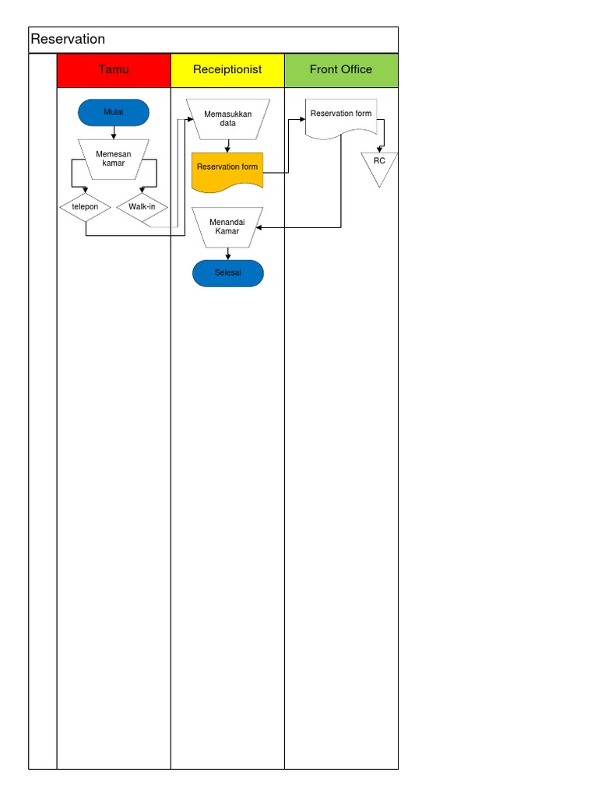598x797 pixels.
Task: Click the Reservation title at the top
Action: click(68, 40)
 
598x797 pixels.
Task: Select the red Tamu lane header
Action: click(114, 70)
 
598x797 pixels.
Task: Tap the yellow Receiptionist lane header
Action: click(227, 70)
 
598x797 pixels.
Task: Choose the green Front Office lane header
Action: click(341, 70)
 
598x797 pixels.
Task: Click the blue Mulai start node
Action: click(114, 113)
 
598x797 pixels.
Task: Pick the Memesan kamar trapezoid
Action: click(114, 158)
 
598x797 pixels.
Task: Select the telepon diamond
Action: click(86, 207)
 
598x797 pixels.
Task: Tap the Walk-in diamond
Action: click(142, 207)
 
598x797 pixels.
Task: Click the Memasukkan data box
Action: click(227, 118)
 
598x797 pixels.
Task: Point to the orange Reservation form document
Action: click(227, 170)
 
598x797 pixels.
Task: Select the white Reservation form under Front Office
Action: click(341, 117)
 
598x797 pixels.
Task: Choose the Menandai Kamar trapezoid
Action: click(227, 226)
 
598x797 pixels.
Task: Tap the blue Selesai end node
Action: click(228, 273)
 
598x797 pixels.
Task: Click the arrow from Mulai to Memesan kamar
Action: click(114, 132)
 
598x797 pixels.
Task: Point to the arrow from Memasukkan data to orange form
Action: click(227, 146)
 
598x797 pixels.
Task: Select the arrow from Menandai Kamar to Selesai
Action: click(227, 254)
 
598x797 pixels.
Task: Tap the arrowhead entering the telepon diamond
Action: click(86, 189)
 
